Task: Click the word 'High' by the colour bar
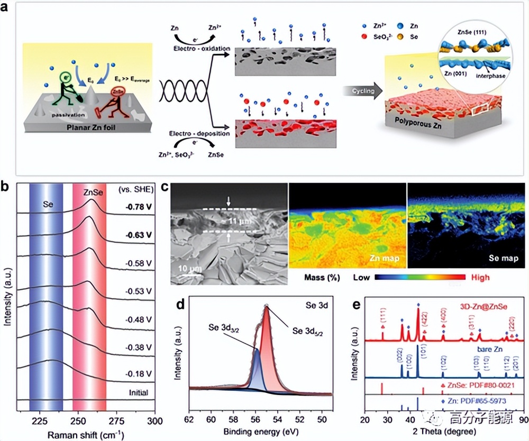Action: tap(479, 277)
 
